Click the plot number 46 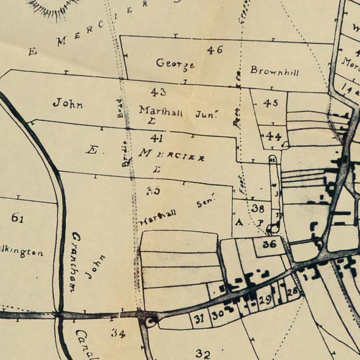215,50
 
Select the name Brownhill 274,70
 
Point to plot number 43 158,92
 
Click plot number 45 270,103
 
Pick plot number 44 274,137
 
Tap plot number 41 156,138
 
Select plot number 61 17,217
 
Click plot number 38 258,208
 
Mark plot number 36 269,243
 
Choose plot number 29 265,300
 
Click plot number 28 292,292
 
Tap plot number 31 200,318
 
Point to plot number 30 217,315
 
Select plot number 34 118,333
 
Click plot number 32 203,354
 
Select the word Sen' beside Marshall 206,203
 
